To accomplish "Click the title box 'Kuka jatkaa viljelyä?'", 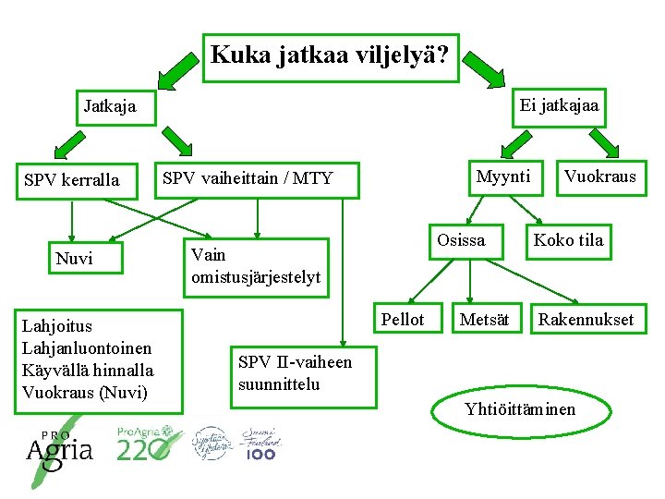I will click(330, 56).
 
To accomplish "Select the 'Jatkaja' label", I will click(109, 105).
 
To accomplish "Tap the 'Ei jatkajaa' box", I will click(559, 105).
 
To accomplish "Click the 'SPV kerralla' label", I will click(72, 179).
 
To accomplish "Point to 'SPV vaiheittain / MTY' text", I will click(248, 177).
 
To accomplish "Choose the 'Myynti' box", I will click(503, 176).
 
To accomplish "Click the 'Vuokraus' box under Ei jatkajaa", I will click(599, 176).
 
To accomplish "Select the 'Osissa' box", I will click(461, 240).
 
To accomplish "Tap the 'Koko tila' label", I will click(567, 240).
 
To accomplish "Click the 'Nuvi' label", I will click(74, 258).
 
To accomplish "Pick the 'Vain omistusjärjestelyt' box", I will click(256, 265).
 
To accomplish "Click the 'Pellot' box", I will click(403, 320).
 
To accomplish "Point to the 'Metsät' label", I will click(484, 320).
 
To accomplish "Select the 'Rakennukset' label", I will click(586, 320).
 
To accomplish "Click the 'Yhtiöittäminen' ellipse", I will click(520, 408).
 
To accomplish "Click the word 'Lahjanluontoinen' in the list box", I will click(87, 347).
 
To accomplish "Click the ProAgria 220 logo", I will click(144, 444).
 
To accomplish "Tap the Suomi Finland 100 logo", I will click(261, 444).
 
